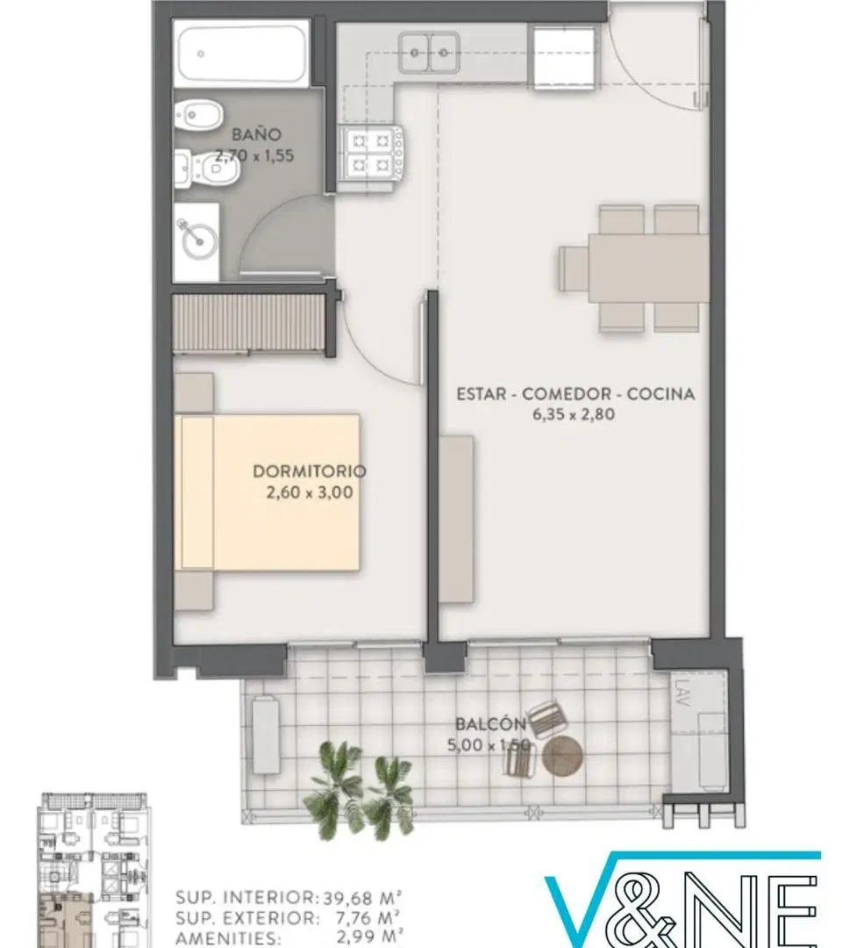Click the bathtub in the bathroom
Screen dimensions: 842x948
click(241, 54)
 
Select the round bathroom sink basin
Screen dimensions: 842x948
click(199, 241)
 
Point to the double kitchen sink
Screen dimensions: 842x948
click(429, 53)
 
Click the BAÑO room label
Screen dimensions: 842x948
click(256, 134)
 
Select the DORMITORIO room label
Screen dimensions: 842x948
click(310, 471)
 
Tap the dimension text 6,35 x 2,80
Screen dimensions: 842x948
click(574, 414)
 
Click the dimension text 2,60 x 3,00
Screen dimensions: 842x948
click(310, 492)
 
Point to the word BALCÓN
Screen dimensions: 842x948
click(490, 723)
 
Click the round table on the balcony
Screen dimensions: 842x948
click(562, 755)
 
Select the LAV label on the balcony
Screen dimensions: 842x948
click(682, 693)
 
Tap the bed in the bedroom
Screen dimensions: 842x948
click(270, 492)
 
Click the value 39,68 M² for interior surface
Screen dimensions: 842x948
click(362, 897)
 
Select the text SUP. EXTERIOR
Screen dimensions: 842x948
click(247, 918)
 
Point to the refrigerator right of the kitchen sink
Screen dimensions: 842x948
click(564, 55)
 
